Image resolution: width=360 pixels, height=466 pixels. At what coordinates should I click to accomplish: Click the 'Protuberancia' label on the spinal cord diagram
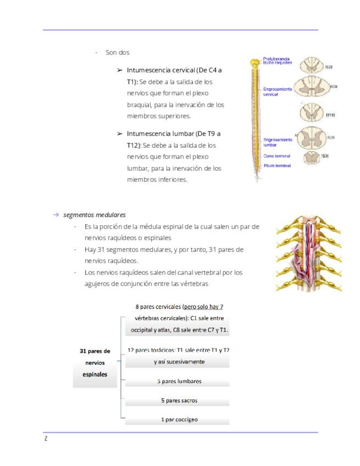click(276, 59)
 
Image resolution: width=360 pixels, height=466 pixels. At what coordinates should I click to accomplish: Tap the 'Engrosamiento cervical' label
click(278, 91)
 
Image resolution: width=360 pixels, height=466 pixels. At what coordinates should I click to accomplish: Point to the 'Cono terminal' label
click(277, 156)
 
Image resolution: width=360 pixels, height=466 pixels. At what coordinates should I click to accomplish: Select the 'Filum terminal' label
click(278, 165)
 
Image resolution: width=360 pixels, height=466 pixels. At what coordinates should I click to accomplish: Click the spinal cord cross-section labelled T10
click(311, 114)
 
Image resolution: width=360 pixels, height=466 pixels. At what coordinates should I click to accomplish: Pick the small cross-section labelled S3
click(311, 158)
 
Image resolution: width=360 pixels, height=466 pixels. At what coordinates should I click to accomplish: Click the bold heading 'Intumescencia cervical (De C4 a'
click(174, 70)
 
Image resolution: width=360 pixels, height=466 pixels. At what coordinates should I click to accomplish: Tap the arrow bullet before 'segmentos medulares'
click(56, 215)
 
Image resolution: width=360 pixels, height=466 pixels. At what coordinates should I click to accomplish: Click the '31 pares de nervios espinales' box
click(95, 363)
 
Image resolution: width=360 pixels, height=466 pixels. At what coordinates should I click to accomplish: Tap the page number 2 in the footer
click(46, 440)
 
